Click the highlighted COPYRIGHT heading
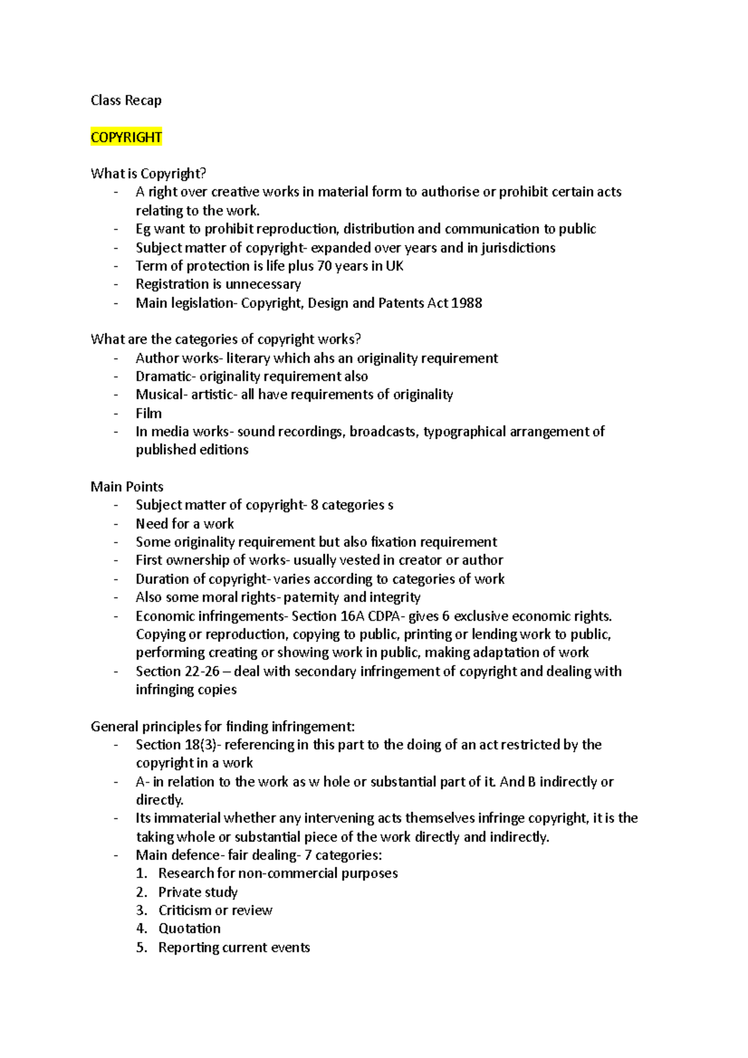(126, 137)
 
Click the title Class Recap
(126, 100)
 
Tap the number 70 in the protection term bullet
(324, 266)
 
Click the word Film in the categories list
(148, 413)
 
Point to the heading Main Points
(127, 487)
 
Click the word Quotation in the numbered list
(189, 928)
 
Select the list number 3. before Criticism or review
(141, 910)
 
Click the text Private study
(198, 892)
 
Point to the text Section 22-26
(178, 671)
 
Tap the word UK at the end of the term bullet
(395, 266)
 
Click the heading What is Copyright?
(148, 174)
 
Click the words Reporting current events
(234, 947)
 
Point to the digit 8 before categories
(314, 505)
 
